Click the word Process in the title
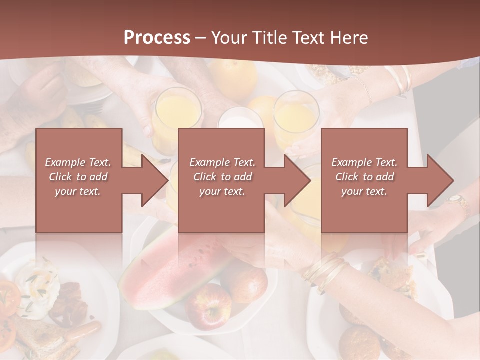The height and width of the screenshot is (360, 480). (157, 37)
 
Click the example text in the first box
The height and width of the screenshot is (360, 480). (78, 177)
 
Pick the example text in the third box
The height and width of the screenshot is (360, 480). (364, 177)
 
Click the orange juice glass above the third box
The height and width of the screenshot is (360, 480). (296, 117)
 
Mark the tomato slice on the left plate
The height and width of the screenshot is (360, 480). (9, 297)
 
